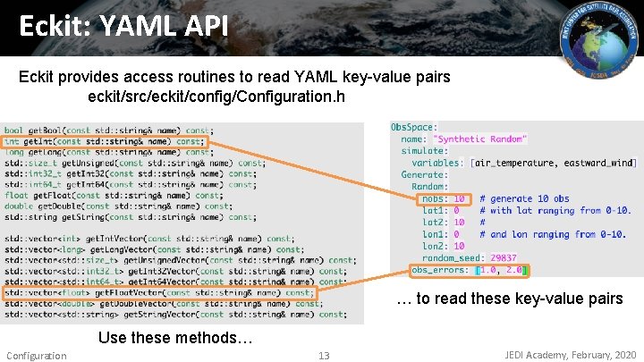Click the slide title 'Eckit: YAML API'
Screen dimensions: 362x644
(x=124, y=24)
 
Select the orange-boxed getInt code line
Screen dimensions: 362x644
(x=104, y=141)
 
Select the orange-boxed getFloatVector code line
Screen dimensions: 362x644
(x=159, y=292)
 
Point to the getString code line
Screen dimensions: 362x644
(x=129, y=217)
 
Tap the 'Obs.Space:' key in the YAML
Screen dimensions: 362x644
(x=413, y=128)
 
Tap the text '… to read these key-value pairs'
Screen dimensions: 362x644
(x=509, y=299)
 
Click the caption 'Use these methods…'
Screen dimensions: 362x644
(x=175, y=338)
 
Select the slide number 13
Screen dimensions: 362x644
(x=324, y=356)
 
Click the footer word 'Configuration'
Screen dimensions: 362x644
(x=36, y=356)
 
